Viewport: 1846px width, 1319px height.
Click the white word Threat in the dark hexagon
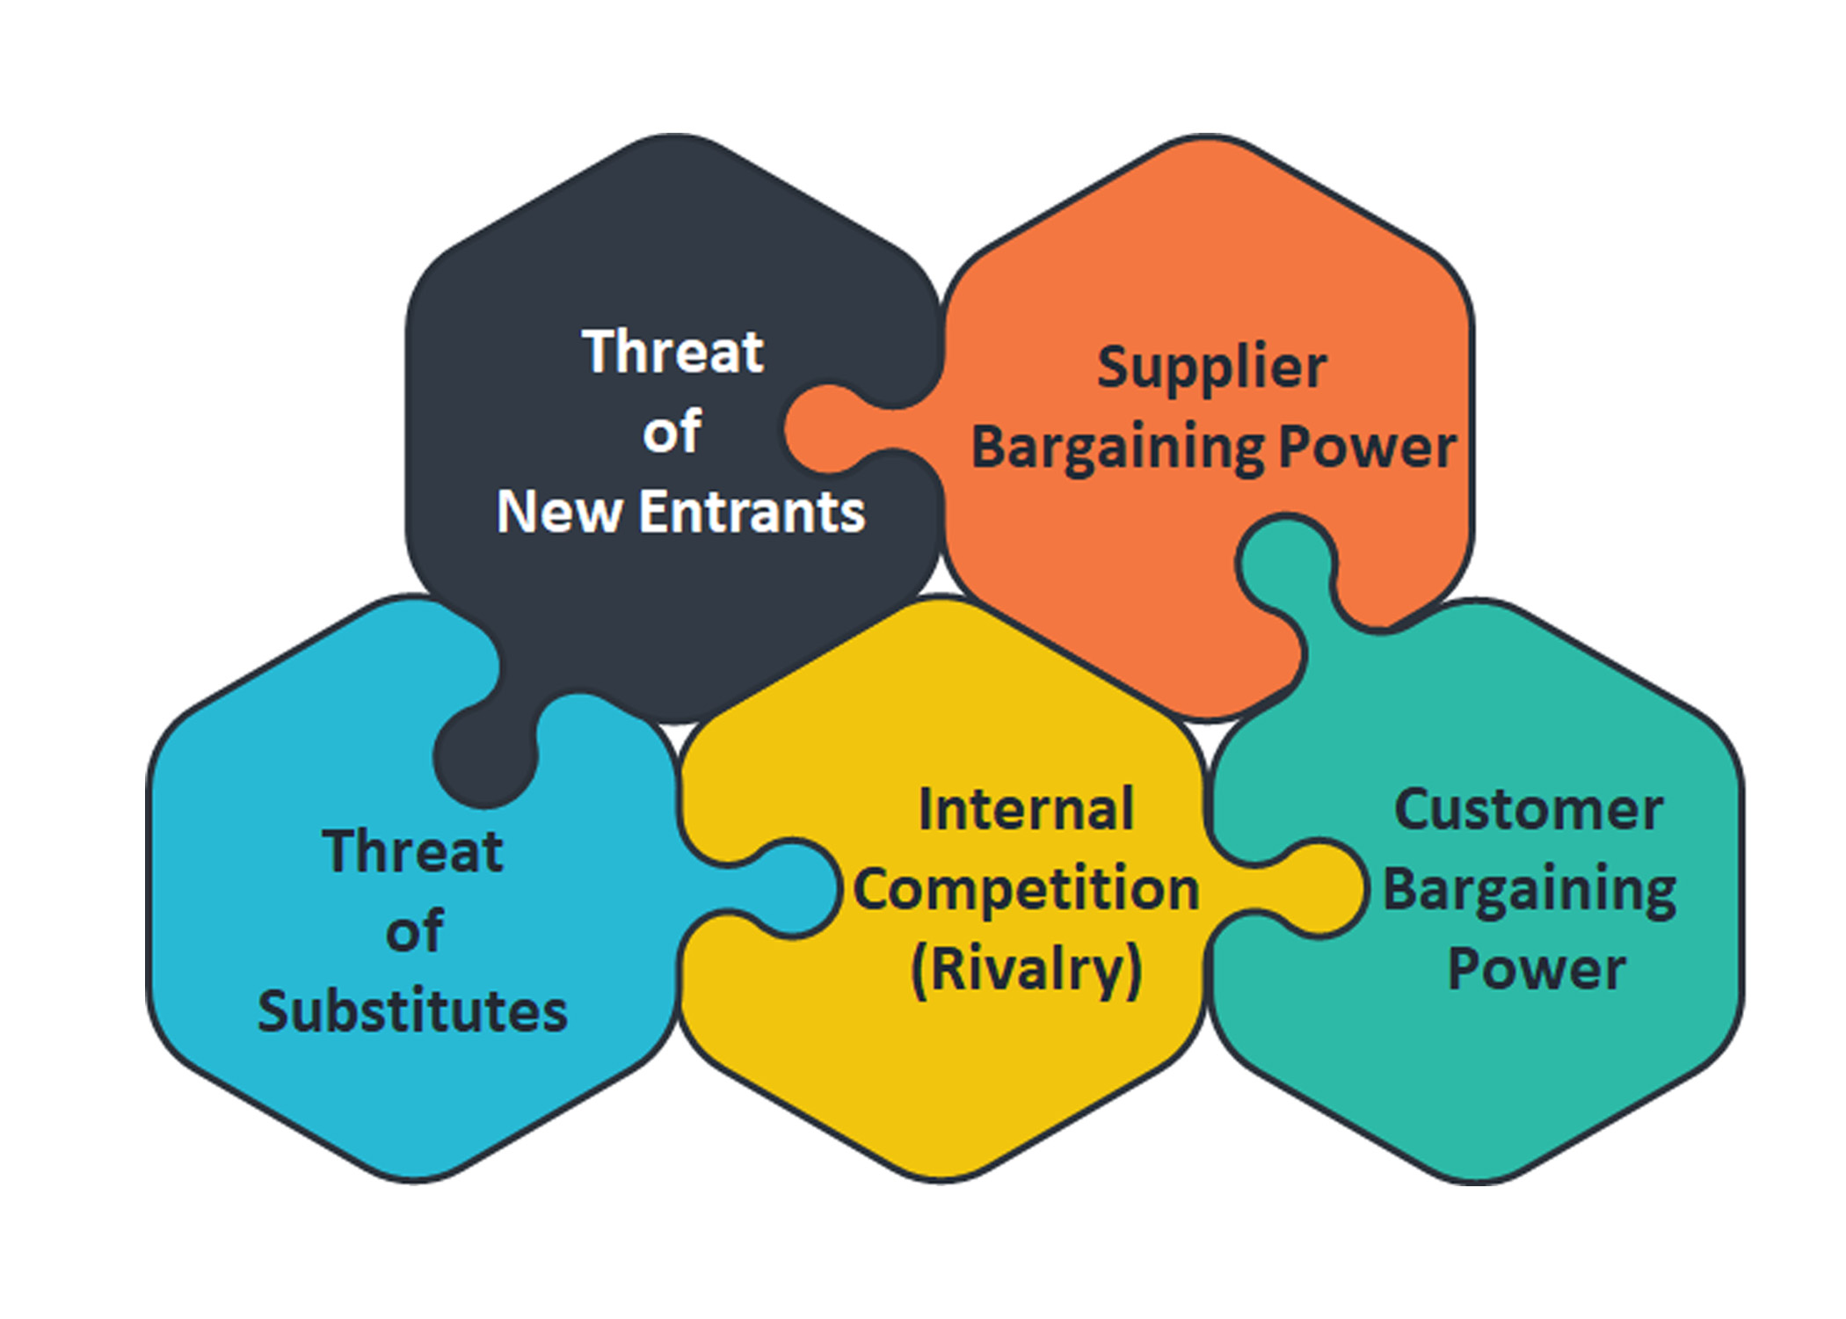(x=672, y=352)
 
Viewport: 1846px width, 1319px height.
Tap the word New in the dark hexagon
(x=560, y=512)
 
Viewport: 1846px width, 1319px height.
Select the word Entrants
(x=752, y=512)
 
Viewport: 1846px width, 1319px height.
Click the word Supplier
(x=1211, y=368)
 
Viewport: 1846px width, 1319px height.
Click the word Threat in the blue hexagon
(x=412, y=851)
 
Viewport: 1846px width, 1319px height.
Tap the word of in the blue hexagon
(x=414, y=932)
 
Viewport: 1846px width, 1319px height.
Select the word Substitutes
(x=412, y=1011)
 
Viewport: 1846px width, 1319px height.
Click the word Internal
(x=1026, y=809)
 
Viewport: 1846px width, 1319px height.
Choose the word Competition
(x=1026, y=889)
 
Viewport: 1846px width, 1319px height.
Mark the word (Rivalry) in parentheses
(x=1026, y=969)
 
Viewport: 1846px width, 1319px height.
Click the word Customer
(x=1529, y=809)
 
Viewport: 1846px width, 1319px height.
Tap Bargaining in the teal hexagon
(x=1530, y=890)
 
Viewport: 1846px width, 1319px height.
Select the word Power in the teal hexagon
(x=1536, y=969)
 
